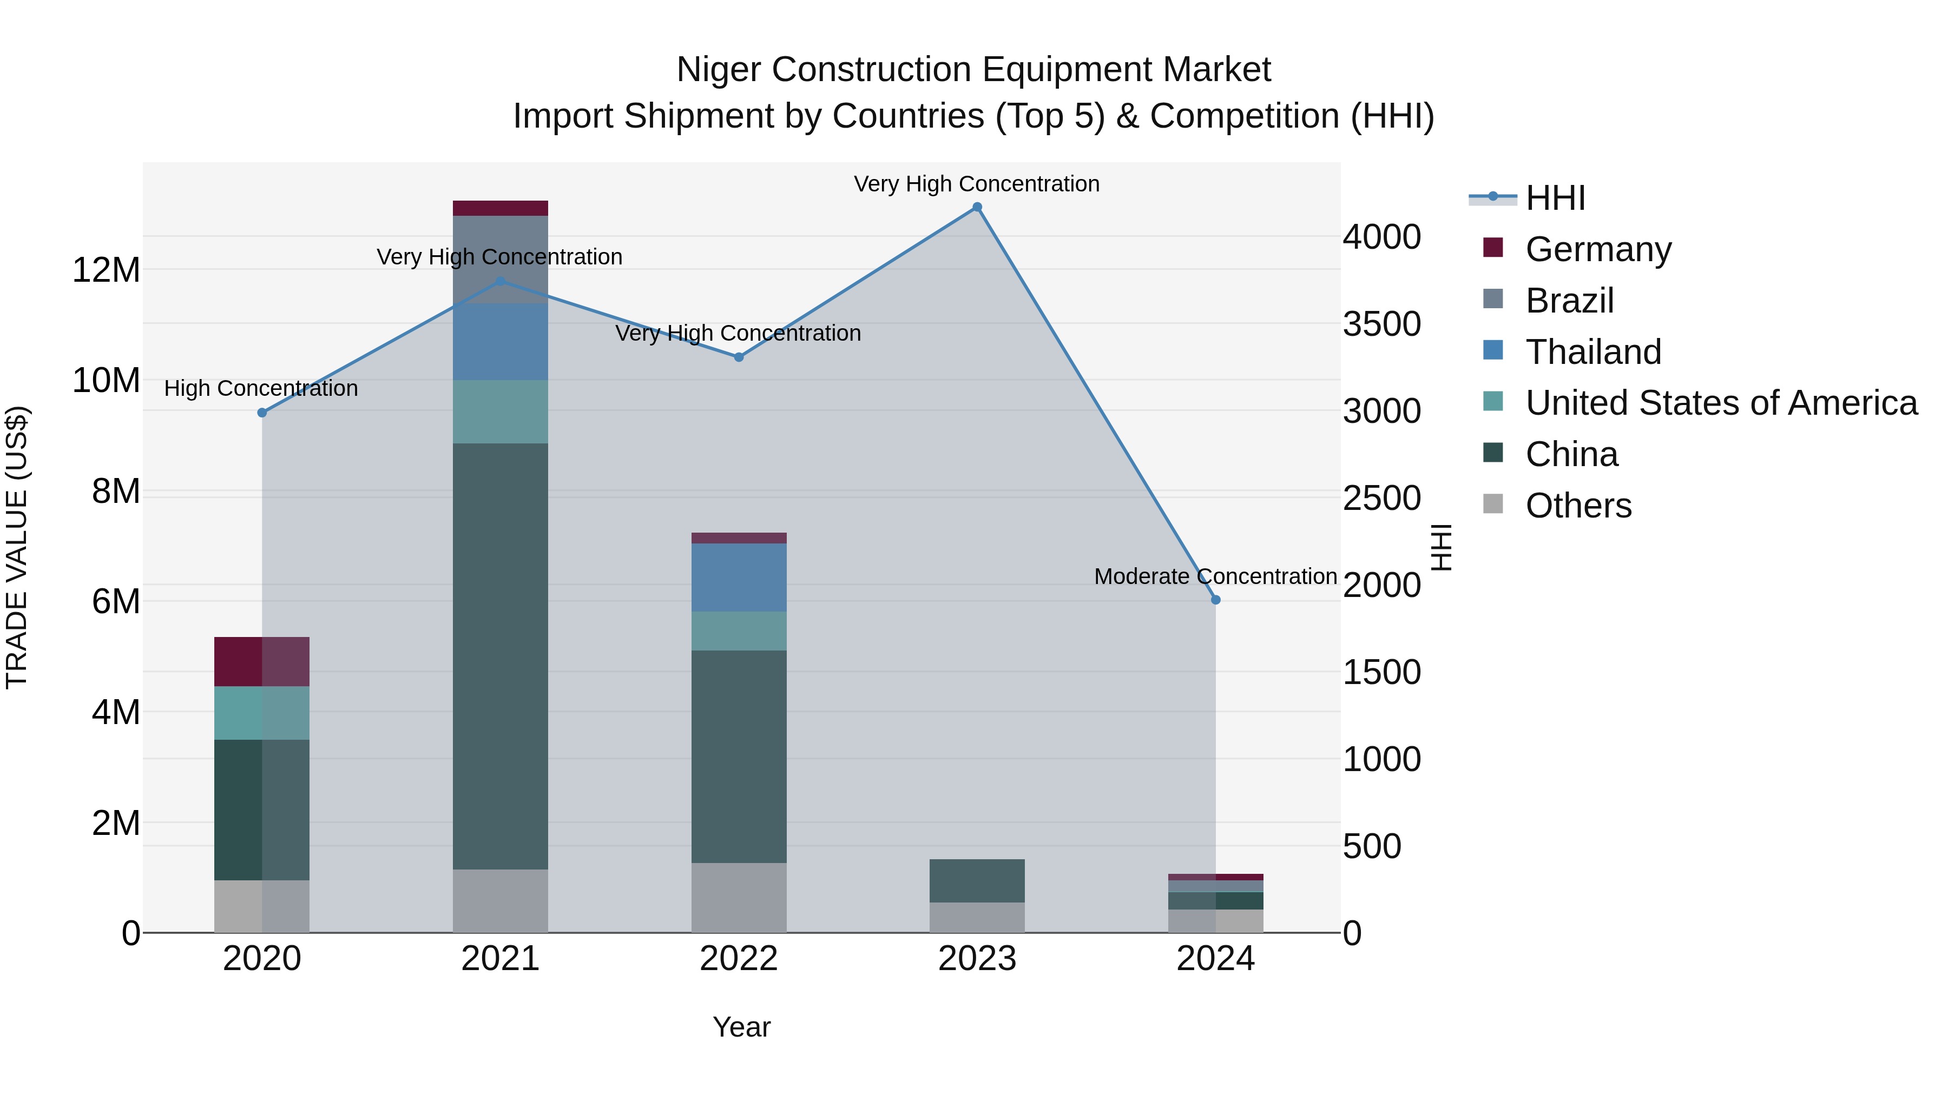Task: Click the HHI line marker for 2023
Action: [977, 207]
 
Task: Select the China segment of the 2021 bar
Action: [500, 656]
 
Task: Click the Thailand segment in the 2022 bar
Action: [739, 578]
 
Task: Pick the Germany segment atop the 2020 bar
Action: [262, 662]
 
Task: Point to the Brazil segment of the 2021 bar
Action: [500, 260]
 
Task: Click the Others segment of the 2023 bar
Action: [977, 918]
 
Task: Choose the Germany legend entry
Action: [1598, 249]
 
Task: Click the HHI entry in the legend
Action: [1555, 198]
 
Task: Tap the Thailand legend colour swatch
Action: [1493, 350]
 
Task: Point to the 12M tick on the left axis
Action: [106, 270]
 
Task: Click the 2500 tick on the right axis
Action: [1381, 499]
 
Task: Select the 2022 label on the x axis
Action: [739, 959]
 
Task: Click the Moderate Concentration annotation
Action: [1215, 576]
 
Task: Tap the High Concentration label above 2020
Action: [261, 388]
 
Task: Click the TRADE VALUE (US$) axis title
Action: [17, 547]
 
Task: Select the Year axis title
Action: [741, 1027]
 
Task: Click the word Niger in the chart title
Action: [719, 70]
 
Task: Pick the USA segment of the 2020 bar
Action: [262, 713]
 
